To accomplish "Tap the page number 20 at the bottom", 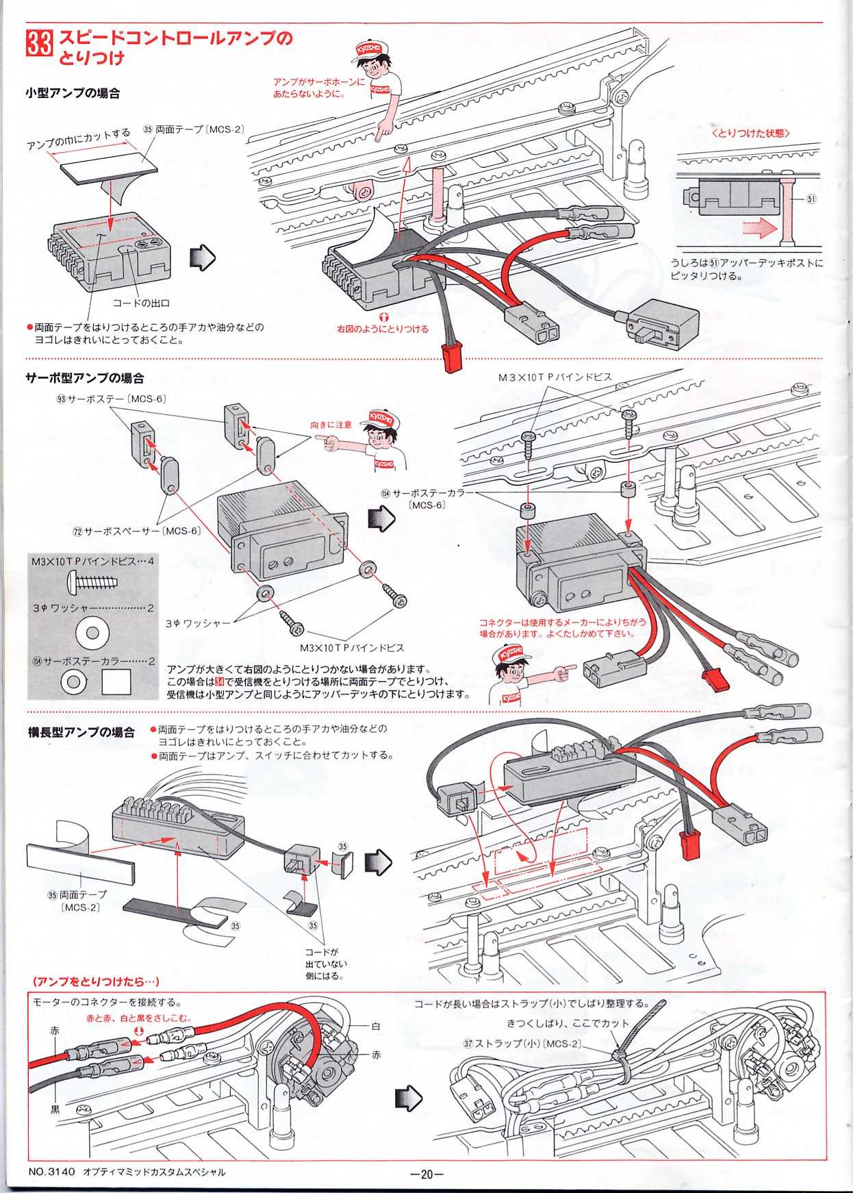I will tap(426, 1174).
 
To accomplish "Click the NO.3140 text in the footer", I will tap(51, 1172).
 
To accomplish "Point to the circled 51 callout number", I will tap(811, 199).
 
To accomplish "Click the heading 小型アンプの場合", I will tap(73, 93).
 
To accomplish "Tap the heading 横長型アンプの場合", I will tap(81, 733).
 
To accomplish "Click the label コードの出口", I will tap(141, 303).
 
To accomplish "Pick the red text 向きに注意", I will tap(331, 425).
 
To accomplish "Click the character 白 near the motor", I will tap(375, 1027).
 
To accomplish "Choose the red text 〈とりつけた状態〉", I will tap(750, 134).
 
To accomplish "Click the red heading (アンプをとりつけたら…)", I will tap(96, 981).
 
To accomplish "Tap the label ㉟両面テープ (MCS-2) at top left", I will tap(193, 129).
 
